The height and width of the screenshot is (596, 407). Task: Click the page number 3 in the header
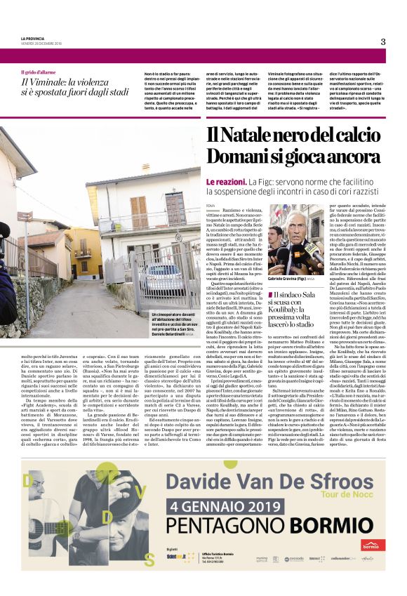383,41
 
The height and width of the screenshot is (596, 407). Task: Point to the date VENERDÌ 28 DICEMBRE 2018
43,44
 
